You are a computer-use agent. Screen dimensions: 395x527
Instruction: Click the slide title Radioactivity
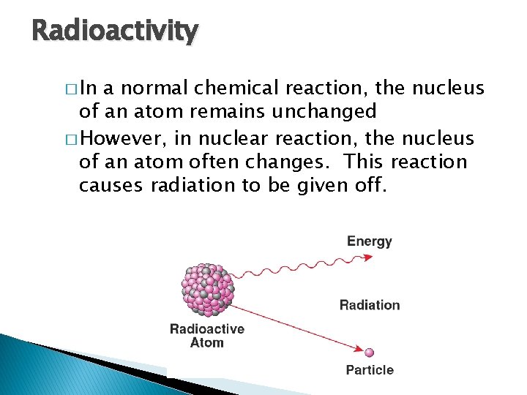click(x=115, y=31)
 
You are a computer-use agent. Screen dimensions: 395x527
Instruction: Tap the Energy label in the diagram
click(x=370, y=241)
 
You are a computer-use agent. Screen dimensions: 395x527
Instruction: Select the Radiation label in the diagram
click(x=370, y=305)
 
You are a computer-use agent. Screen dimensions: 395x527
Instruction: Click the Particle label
click(x=370, y=370)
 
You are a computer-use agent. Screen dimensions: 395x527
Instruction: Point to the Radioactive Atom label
click(x=207, y=336)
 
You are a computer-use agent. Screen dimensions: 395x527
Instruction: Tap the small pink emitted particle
click(x=370, y=353)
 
